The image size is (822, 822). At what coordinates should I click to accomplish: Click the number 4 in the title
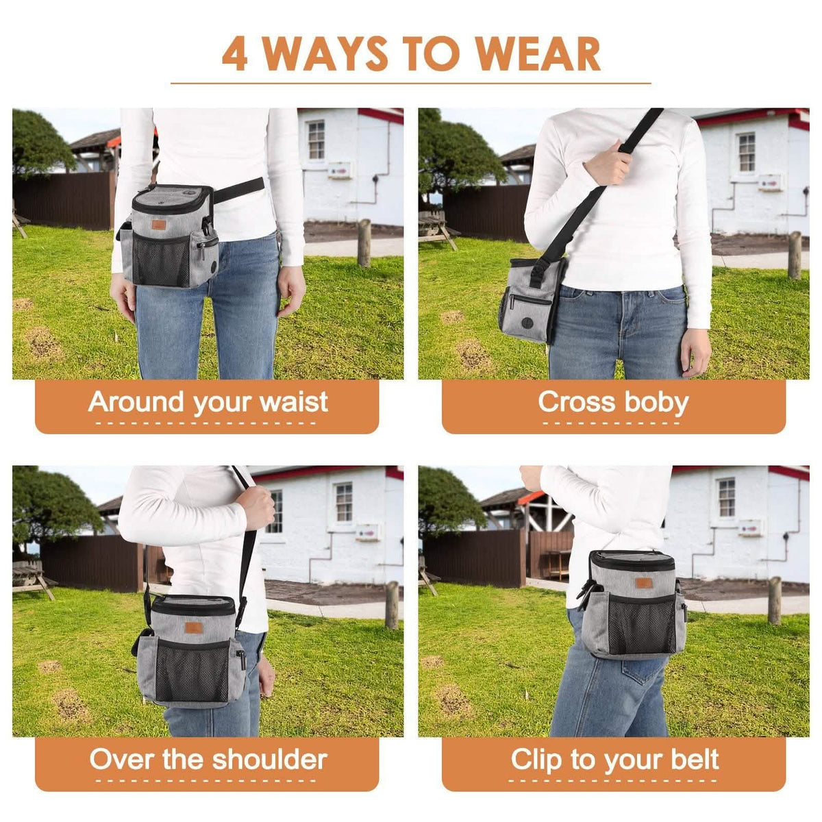click(235, 53)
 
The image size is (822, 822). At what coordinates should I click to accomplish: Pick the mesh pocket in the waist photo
click(161, 260)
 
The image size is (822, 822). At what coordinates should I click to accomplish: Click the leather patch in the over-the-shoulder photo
click(194, 627)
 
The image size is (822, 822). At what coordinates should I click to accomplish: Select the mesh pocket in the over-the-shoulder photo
click(192, 670)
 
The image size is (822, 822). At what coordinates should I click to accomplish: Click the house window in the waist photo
click(316, 140)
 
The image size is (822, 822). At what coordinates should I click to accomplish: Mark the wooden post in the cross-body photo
click(795, 255)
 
